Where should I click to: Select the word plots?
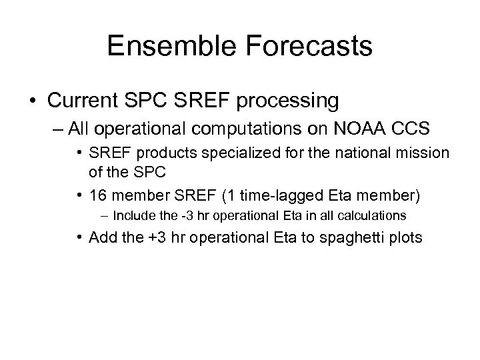pyautogui.click(x=403, y=237)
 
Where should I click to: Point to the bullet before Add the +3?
pyautogui.click(x=82, y=237)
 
